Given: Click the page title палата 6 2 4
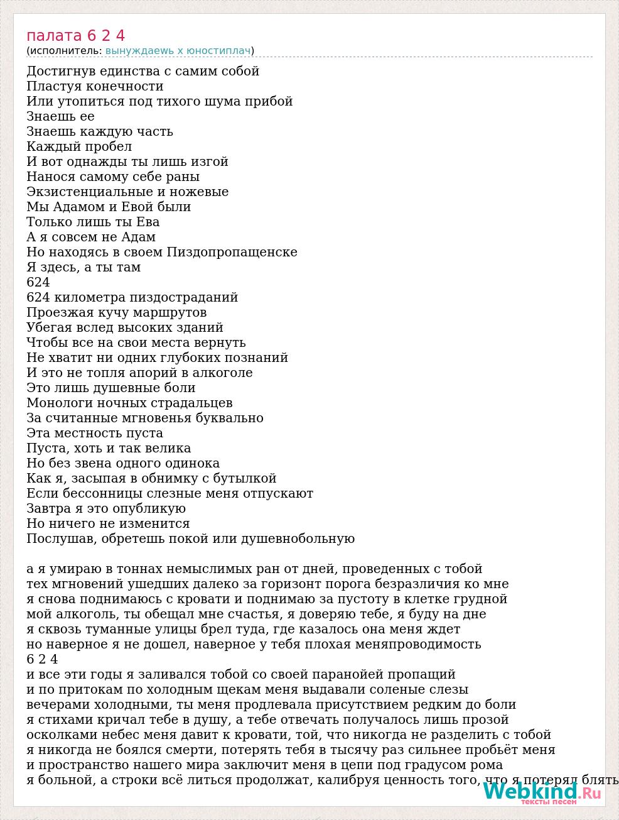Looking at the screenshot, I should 76,36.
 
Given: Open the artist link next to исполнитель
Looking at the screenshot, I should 178,51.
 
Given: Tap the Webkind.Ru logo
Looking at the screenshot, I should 541,793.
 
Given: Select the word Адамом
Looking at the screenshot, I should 74,207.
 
